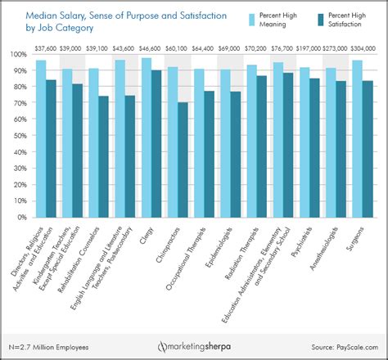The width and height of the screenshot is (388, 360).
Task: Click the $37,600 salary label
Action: click(46, 47)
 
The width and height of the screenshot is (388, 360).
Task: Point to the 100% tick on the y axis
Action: click(17, 55)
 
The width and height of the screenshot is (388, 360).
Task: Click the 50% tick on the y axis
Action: click(19, 137)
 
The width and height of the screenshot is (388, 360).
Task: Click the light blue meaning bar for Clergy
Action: click(147, 138)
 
